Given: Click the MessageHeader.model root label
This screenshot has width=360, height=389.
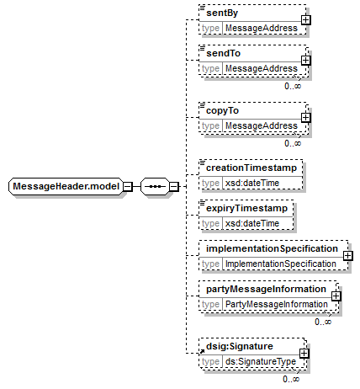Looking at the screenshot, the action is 66,186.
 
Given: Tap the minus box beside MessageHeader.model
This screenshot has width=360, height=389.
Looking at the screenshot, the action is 128,186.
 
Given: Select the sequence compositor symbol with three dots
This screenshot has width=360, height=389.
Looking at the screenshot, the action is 155,186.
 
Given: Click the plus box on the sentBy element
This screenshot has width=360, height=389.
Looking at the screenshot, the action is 305,20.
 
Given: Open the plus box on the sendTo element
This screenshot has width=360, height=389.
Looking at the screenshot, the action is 305,61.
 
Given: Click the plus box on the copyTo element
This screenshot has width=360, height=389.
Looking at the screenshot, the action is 305,118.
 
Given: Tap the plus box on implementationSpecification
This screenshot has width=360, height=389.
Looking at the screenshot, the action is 347,256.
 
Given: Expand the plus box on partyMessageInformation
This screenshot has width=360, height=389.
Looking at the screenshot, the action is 336,296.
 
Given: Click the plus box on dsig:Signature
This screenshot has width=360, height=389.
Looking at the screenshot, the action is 304,354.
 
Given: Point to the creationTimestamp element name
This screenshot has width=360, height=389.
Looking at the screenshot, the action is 251,168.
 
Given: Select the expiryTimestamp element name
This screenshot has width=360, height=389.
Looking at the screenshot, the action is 246,208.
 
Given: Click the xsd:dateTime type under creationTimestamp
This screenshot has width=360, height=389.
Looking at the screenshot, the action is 252,183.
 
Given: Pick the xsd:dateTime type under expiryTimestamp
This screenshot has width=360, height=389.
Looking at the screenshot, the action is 252,223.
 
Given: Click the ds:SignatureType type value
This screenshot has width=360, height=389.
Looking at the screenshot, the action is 261,361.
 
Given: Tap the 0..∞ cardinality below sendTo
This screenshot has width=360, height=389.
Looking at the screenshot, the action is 293,86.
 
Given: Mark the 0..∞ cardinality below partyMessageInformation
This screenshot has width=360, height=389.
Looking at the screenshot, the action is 323,322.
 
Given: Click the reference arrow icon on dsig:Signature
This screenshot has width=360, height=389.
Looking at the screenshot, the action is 202,351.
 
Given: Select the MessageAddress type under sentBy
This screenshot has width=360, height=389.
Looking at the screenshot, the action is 262,28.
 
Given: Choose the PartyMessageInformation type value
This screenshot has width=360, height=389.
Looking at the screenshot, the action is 277,304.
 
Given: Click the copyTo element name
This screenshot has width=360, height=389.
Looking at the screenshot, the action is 222,110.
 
